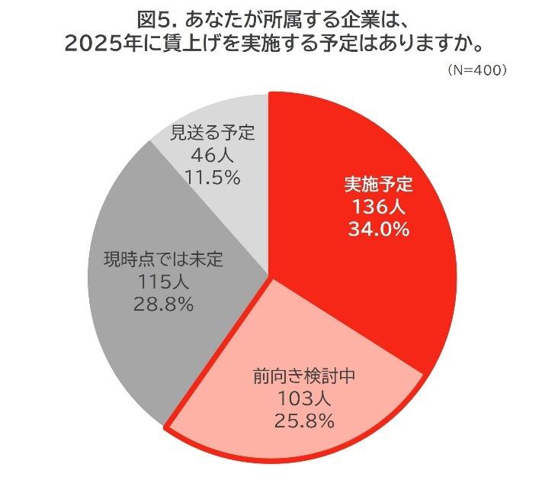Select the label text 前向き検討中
point(303,376)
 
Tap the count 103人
point(303,398)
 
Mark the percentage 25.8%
point(303,420)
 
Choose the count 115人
point(163,282)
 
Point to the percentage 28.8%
point(163,304)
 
